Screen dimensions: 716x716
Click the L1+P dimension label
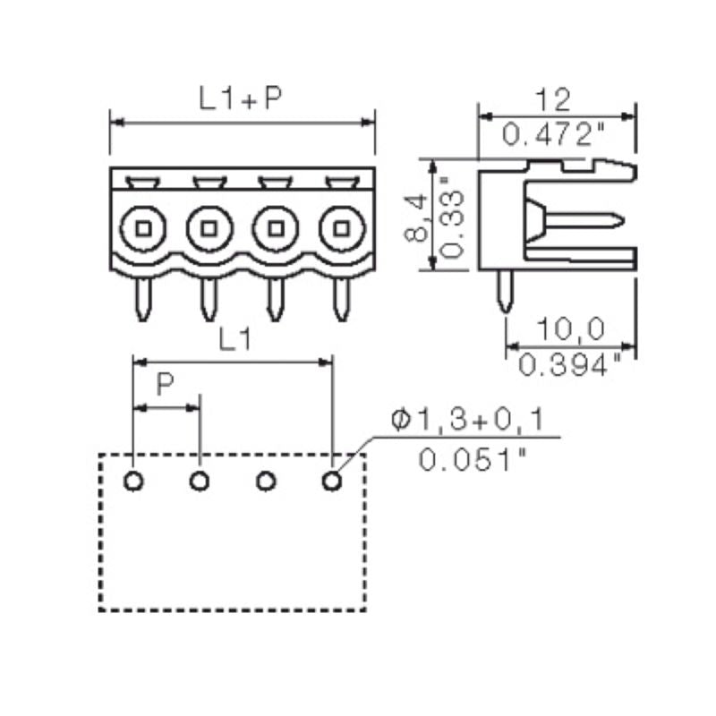pos(240,99)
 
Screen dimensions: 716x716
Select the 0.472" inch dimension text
pos(555,135)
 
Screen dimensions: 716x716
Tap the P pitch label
pos(166,387)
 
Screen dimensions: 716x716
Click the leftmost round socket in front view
pos(142,228)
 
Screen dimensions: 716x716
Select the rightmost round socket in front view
pos(340,228)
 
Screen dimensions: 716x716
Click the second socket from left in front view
pos(209,228)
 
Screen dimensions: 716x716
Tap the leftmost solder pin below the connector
pos(142,299)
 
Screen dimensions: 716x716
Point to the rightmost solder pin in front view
pos(340,299)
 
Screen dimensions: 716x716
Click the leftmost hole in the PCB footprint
pos(133,482)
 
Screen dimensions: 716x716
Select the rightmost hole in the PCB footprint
pos(331,482)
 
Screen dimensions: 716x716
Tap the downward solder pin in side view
pos(506,291)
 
